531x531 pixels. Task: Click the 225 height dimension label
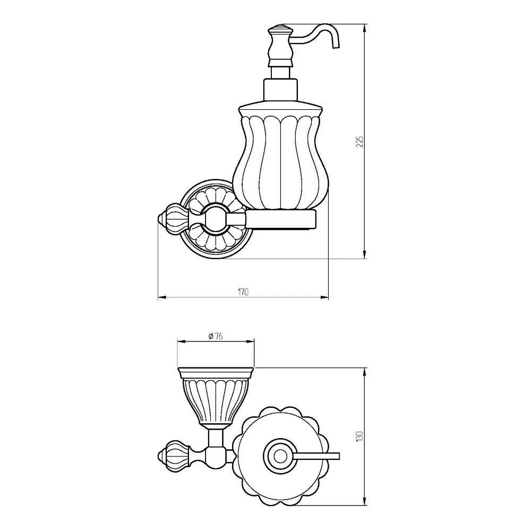click(x=361, y=141)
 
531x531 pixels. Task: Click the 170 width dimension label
click(x=243, y=292)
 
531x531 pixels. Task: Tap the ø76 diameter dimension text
click(x=215, y=336)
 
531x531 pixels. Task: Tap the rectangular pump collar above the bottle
click(x=280, y=90)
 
